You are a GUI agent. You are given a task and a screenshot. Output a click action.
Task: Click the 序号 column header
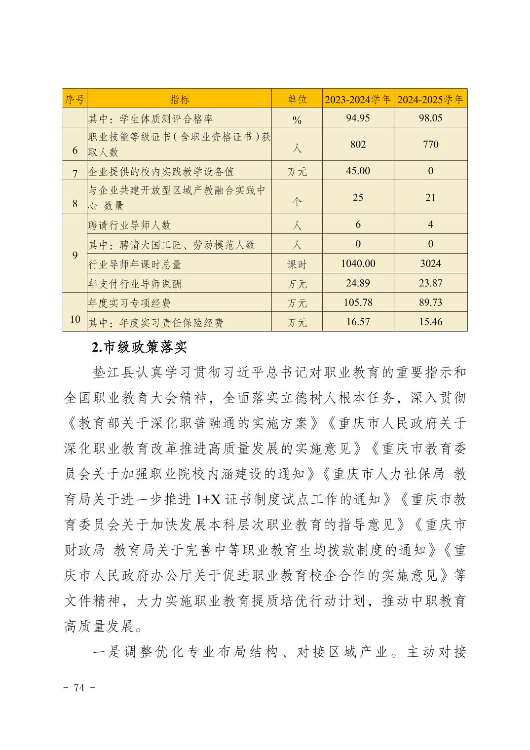click(75, 99)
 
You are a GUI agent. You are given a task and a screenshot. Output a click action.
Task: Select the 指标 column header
click(180, 99)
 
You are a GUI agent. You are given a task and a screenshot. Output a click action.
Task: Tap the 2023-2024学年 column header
click(358, 99)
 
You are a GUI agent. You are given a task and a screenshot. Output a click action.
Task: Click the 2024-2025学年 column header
click(430, 99)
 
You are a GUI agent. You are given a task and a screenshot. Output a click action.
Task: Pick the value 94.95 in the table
click(358, 118)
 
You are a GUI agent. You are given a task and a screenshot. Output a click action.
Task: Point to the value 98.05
click(430, 118)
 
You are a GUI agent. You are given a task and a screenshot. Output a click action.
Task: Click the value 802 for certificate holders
click(358, 144)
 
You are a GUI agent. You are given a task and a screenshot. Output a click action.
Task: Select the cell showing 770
click(430, 144)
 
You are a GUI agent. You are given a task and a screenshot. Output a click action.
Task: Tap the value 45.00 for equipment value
click(358, 171)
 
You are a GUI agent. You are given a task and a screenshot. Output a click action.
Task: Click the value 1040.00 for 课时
click(358, 263)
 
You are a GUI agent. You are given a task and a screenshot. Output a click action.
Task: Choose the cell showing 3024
click(430, 263)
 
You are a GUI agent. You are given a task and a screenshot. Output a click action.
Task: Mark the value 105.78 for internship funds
click(358, 302)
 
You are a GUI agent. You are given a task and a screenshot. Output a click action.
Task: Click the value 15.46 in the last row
click(430, 322)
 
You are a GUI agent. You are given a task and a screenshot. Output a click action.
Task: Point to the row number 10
click(75, 319)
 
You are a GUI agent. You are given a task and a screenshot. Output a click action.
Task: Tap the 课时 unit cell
click(297, 264)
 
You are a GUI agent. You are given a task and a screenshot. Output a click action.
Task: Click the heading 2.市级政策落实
click(140, 347)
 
